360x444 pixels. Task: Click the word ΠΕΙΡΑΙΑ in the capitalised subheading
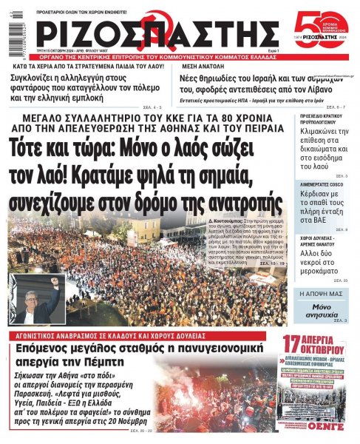(x=257, y=128)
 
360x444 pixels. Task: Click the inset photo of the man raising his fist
(x=37, y=300)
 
